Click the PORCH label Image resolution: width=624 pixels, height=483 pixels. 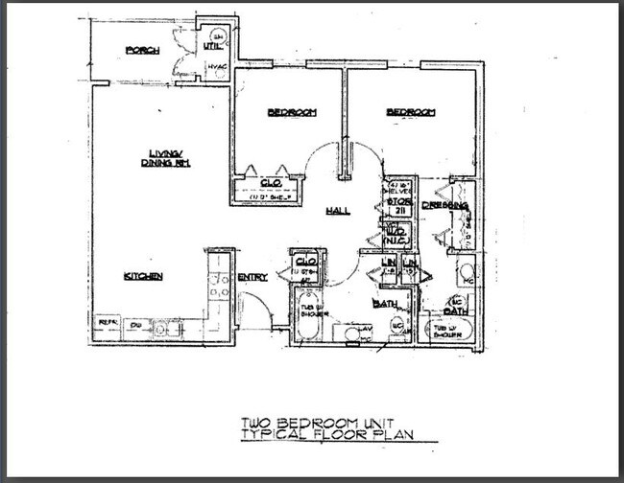click(142, 51)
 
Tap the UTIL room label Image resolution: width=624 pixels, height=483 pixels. click(211, 45)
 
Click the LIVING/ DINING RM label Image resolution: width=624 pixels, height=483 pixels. click(169, 157)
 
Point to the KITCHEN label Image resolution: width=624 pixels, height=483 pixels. click(143, 276)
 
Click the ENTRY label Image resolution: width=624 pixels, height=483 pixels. click(252, 277)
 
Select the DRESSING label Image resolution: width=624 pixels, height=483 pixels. click(444, 205)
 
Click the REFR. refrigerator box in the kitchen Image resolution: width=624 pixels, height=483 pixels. click(108, 324)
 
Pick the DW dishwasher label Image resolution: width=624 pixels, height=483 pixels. click(135, 325)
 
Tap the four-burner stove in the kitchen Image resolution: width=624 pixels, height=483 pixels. click(220, 284)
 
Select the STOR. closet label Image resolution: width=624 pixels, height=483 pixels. click(399, 201)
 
